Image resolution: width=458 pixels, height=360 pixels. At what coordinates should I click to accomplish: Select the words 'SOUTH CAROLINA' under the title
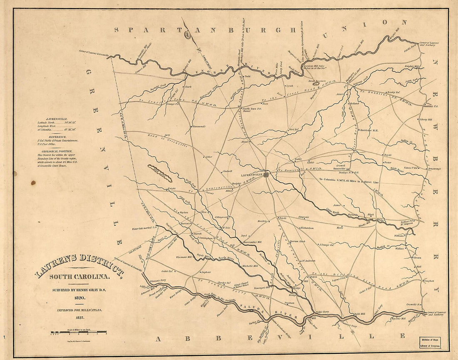pyautogui.click(x=79, y=277)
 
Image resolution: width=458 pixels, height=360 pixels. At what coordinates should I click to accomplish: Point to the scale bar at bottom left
pyautogui.click(x=79, y=333)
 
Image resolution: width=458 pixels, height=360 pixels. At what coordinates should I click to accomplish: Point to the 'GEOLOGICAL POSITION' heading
pyautogui.click(x=60, y=151)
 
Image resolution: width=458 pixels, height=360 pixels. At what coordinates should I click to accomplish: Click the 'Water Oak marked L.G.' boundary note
pyautogui.click(x=144, y=228)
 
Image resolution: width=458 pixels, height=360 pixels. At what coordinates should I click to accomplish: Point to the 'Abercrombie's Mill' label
pyautogui.click(x=252, y=242)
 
